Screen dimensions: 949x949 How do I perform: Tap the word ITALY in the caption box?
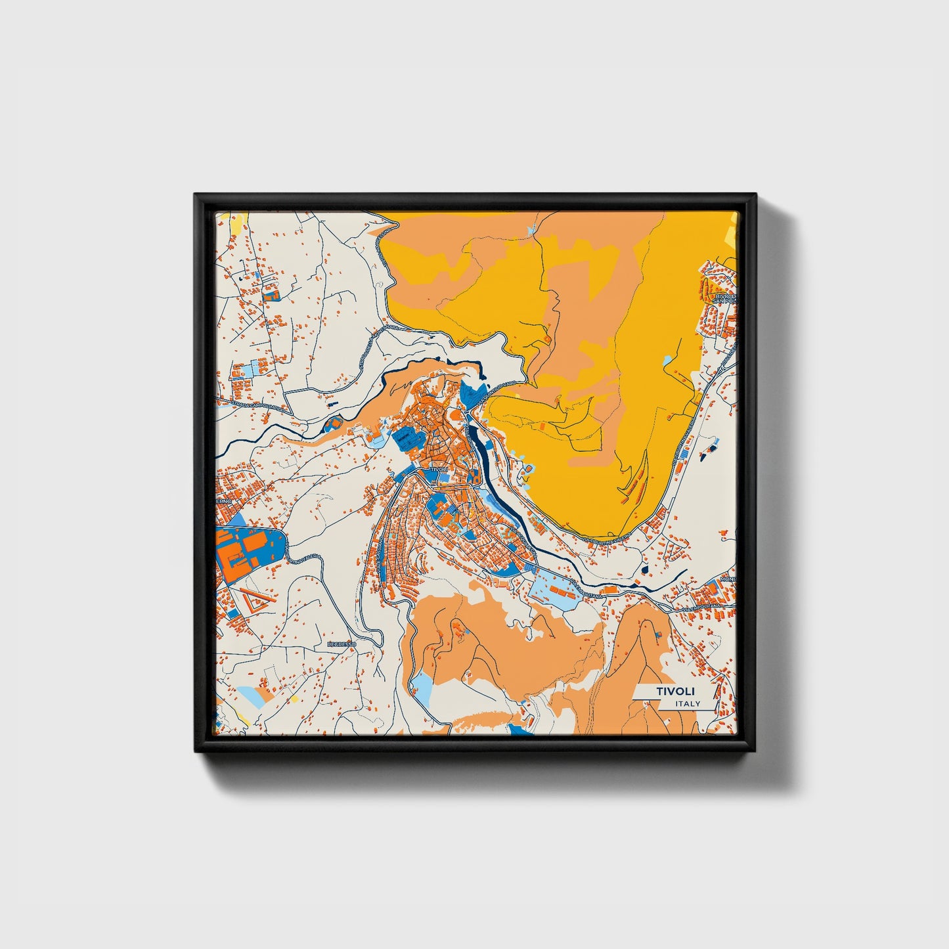tap(687, 703)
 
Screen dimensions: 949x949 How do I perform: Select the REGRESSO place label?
tap(342, 644)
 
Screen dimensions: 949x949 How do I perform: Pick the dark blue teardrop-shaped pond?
tap(645, 568)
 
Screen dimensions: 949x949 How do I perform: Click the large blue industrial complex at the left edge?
tap(250, 550)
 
